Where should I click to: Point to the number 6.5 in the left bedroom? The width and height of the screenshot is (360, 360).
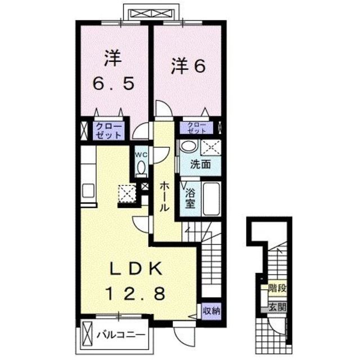point(114,84)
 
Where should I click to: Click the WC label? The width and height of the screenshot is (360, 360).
point(141,152)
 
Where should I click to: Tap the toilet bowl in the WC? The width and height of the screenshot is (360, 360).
point(141,168)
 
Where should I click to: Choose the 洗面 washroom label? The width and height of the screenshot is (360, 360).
point(200,165)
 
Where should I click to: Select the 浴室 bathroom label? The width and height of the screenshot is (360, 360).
point(191,197)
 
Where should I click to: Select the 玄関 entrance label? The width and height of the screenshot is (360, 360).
point(277,307)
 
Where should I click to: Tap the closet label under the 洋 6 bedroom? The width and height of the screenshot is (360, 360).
point(196,127)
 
